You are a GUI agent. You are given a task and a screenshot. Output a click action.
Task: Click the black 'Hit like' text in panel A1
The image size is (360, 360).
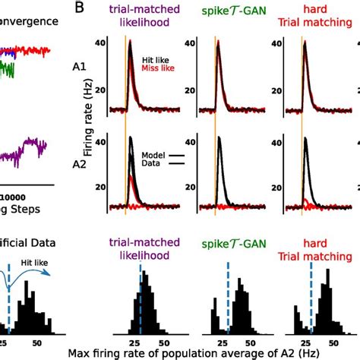click(x=156, y=58)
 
